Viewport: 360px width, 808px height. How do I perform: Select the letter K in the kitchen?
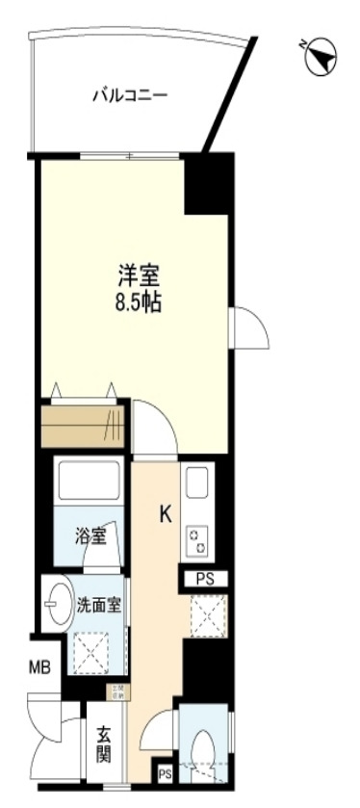(165, 515)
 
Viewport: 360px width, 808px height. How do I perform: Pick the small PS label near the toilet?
(164, 773)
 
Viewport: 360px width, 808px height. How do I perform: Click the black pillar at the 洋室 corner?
(207, 182)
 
